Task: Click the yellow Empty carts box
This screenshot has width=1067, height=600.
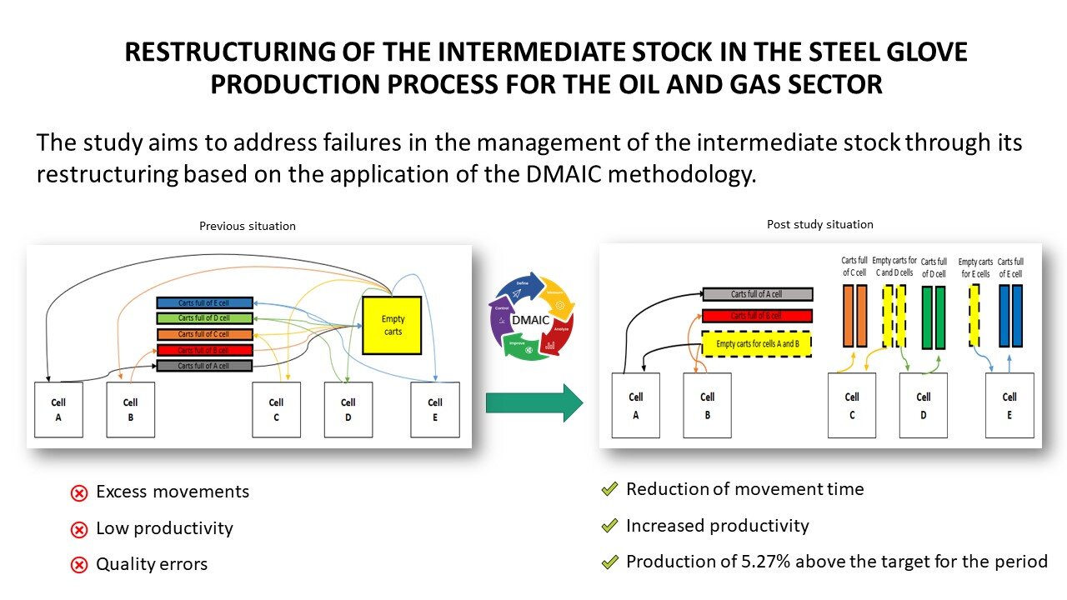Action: point(393,325)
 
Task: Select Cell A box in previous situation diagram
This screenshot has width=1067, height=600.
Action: point(58,408)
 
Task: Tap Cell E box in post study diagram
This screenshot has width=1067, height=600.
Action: point(1009,405)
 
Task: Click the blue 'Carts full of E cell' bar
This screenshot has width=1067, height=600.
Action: point(204,303)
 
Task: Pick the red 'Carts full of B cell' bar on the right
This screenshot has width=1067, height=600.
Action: point(757,316)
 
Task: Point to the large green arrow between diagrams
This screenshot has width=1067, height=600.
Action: point(534,403)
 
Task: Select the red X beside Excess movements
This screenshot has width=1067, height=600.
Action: point(79,493)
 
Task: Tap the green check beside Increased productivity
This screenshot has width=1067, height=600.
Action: point(609,527)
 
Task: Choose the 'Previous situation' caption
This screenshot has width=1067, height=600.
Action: point(248,226)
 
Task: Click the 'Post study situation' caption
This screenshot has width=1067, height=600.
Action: point(820,224)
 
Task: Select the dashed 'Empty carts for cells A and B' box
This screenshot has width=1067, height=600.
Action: point(757,343)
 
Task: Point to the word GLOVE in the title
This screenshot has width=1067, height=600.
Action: point(924,52)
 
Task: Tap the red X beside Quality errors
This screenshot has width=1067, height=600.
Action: point(79,565)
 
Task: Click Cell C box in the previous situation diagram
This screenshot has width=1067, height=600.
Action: point(277,408)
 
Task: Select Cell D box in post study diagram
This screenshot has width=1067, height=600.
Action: point(924,405)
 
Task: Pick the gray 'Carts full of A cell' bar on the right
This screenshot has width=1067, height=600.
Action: point(757,294)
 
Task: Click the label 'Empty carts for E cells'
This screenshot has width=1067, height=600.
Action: point(975,267)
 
